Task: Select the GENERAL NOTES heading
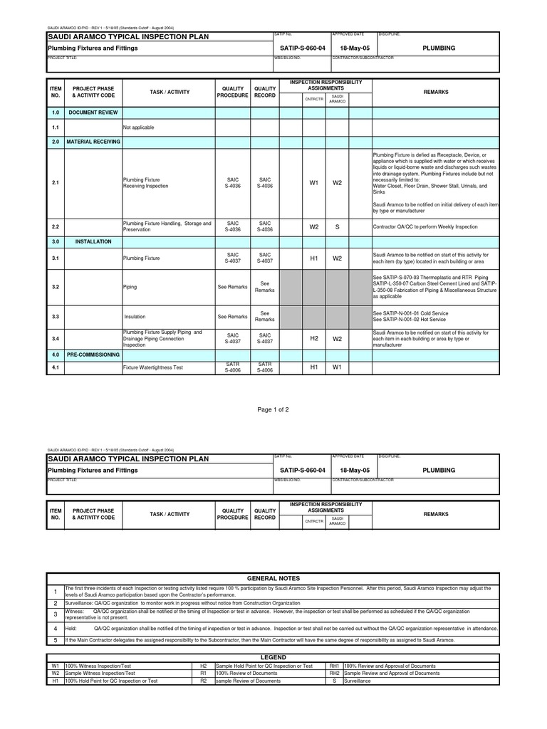click(x=273, y=579)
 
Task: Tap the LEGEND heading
click(x=273, y=657)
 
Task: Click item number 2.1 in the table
click(x=56, y=183)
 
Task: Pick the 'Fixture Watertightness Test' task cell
click(x=153, y=367)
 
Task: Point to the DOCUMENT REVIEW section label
click(x=93, y=112)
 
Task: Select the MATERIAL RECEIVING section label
click(x=93, y=142)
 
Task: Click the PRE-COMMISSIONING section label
click(x=93, y=354)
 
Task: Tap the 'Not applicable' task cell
click(x=138, y=127)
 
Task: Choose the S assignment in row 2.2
click(x=338, y=227)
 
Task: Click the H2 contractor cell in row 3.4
click(x=313, y=339)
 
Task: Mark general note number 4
click(x=55, y=629)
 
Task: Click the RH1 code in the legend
click(x=334, y=666)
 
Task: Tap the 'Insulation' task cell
click(x=135, y=316)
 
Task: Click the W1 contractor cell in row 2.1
click(x=313, y=183)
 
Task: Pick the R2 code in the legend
click(x=203, y=681)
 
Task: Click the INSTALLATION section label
click(x=93, y=241)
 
